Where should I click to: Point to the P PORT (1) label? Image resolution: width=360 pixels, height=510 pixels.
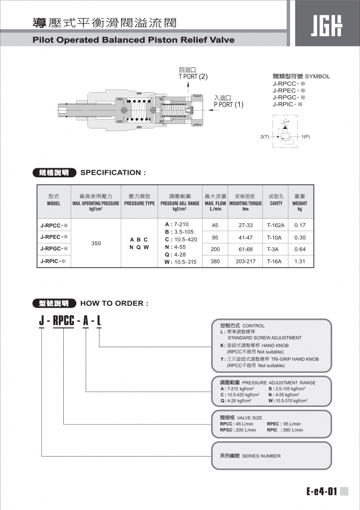click(229, 105)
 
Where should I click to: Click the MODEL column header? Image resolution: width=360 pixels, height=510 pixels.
click(54, 203)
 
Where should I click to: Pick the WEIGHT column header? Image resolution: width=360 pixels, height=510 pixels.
click(300, 203)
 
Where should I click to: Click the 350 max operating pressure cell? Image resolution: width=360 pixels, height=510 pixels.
click(96, 244)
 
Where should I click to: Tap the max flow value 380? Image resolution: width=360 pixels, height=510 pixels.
click(215, 261)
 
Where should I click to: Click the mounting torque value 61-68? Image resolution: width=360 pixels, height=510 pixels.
click(245, 249)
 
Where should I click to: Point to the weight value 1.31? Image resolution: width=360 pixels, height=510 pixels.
click(300, 261)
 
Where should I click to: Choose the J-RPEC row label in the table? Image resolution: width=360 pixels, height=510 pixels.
click(54, 237)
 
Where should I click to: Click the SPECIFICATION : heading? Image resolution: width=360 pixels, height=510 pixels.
click(114, 173)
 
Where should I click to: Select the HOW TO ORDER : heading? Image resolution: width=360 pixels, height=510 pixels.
click(114, 303)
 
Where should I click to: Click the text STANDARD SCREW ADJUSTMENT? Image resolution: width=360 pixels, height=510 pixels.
click(264, 338)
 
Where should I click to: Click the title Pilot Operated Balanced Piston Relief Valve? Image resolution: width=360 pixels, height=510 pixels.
click(133, 40)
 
